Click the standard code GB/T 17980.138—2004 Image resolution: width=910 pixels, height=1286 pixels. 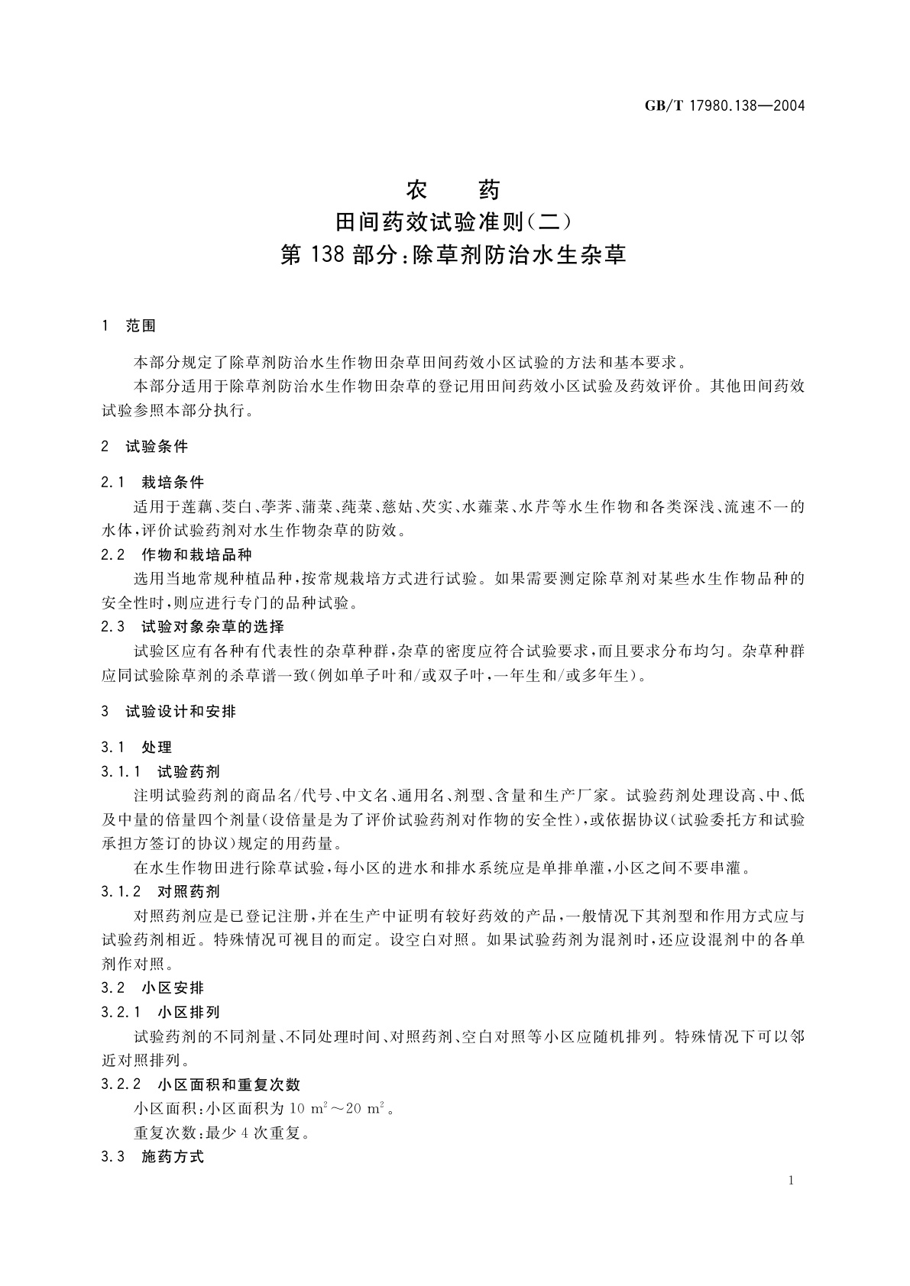pos(725,105)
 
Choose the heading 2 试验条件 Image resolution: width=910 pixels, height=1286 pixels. pos(144,446)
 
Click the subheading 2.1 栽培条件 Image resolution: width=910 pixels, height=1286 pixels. pos(153,482)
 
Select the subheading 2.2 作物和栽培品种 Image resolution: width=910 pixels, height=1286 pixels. pos(176,554)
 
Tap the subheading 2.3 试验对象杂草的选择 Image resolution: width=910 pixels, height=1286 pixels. pos(193,626)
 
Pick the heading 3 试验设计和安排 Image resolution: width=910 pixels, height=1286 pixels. pos(169,711)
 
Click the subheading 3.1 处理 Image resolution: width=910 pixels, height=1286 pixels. pos(137,747)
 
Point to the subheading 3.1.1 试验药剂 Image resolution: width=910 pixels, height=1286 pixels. pos(160,771)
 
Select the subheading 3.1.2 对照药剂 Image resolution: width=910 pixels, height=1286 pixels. pos(160,891)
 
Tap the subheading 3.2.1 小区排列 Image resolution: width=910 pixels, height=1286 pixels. pos(160,1012)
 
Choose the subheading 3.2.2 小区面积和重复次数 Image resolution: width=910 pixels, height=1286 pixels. pos(201,1084)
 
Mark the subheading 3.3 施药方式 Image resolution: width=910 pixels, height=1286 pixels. pos(153,1156)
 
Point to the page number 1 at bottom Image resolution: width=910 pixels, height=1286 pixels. pos(791,1181)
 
